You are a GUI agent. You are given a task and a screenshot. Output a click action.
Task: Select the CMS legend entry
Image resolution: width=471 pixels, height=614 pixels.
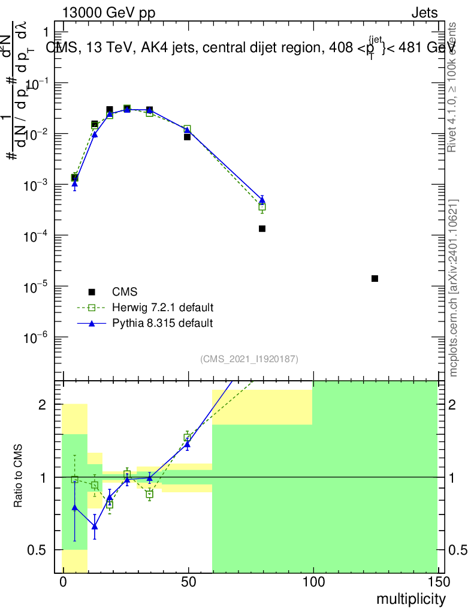(125, 292)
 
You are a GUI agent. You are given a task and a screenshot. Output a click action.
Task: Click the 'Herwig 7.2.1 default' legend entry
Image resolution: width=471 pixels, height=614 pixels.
(162, 308)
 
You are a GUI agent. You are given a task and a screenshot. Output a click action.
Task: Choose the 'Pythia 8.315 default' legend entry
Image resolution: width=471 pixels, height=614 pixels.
(162, 323)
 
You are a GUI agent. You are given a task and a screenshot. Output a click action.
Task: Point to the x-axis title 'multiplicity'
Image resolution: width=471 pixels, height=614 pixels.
(411, 599)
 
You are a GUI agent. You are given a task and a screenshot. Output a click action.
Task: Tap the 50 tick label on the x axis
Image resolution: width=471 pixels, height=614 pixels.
(188, 582)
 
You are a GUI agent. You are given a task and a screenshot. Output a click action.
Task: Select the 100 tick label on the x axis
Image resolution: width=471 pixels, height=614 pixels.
(313, 582)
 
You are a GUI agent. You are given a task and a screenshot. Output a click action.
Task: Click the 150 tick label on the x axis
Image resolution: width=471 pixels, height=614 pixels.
(438, 582)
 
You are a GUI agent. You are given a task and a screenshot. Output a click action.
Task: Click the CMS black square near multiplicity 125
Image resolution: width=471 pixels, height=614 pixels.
(375, 278)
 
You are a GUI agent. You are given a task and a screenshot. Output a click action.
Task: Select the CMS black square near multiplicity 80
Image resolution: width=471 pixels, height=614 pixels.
(262, 228)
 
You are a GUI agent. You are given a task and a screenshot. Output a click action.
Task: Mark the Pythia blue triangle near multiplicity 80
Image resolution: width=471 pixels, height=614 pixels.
(262, 200)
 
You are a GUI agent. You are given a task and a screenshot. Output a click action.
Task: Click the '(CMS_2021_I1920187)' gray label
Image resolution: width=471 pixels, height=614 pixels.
(249, 359)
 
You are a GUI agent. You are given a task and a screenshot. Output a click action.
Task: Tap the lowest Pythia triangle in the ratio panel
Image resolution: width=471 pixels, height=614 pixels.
(95, 526)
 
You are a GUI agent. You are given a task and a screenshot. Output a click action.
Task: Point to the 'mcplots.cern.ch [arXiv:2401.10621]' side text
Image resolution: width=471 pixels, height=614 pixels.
(454, 288)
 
